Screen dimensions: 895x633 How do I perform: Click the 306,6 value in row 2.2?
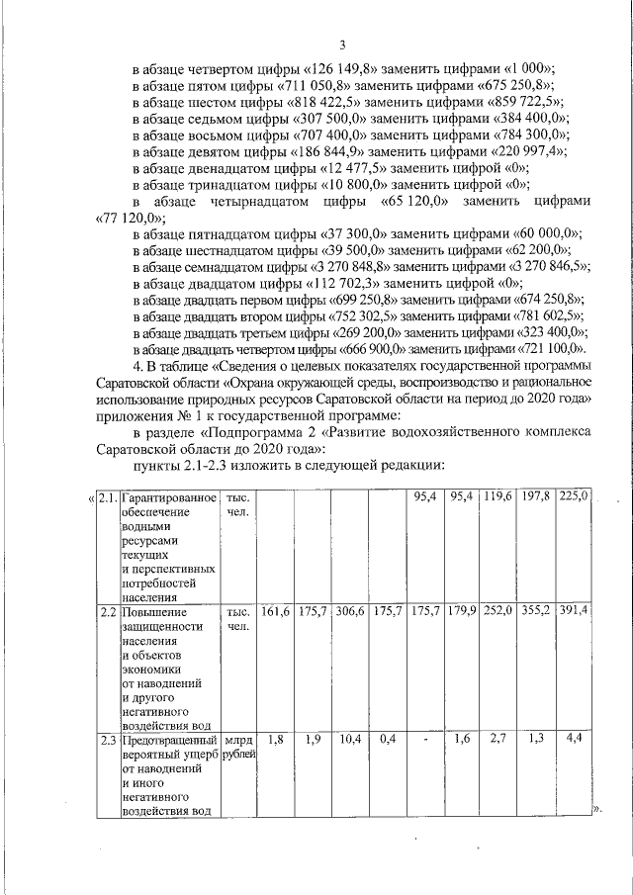[x=350, y=611]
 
